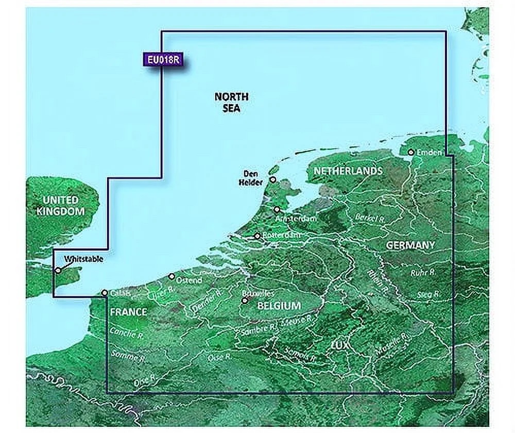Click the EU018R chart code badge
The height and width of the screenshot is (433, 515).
point(163,59)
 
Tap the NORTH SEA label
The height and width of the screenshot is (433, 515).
point(231,103)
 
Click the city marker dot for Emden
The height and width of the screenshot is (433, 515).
point(411,153)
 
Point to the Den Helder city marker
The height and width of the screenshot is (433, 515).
point(273,180)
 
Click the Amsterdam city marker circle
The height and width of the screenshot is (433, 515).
point(277,209)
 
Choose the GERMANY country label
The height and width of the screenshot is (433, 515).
point(410,245)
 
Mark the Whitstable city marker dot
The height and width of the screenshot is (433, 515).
point(58,270)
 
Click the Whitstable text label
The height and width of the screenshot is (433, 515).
point(84,259)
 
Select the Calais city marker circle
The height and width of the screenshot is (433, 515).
point(105,293)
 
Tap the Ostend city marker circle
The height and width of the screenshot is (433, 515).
point(171,276)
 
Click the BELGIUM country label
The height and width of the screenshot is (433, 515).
point(279,306)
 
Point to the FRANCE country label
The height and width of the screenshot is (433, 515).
point(128,312)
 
